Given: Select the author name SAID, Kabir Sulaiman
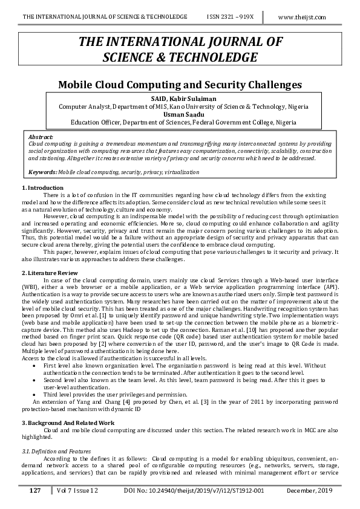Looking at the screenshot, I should (179, 98).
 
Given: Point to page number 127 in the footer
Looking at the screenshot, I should (34, 490).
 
